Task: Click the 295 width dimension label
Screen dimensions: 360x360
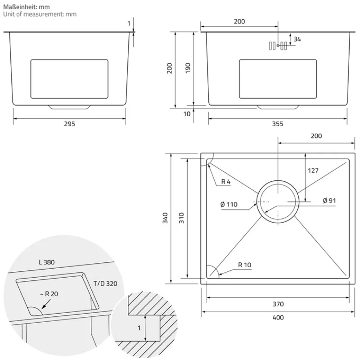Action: pyautogui.click(x=69, y=124)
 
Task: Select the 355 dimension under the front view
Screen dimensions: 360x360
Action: pyautogui.click(x=278, y=124)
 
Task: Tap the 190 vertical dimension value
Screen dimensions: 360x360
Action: pyautogui.click(x=189, y=68)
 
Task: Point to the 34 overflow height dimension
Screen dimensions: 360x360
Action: pyautogui.click(x=297, y=39)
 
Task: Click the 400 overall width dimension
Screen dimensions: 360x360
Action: pyautogui.click(x=278, y=317)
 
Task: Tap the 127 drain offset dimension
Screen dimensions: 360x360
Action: pyautogui.click(x=313, y=171)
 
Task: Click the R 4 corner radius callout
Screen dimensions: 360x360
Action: pyautogui.click(x=226, y=182)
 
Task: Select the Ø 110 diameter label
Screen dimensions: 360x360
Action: pyautogui.click(x=229, y=205)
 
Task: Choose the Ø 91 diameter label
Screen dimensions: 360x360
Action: pyautogui.click(x=330, y=201)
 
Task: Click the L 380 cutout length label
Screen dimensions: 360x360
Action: pyautogui.click(x=47, y=261)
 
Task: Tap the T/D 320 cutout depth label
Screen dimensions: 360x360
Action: pyautogui.click(x=105, y=283)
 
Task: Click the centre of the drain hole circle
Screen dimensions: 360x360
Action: pyautogui.click(x=278, y=202)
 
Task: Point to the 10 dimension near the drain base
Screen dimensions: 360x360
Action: pyautogui.click(x=187, y=114)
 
